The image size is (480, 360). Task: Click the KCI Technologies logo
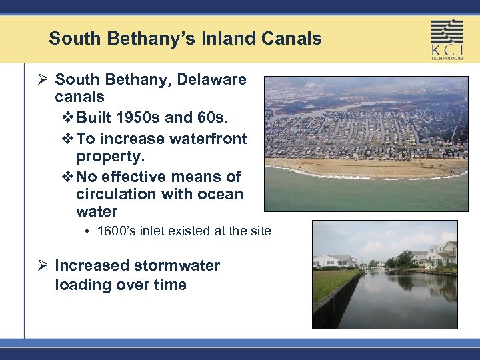447,39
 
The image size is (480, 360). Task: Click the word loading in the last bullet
83,285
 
